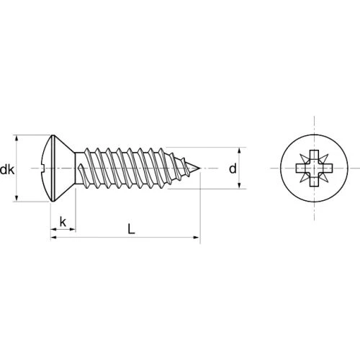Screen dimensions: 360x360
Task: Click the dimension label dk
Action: (7, 170)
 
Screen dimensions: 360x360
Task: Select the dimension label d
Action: (233, 168)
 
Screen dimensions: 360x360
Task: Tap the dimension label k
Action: (63, 222)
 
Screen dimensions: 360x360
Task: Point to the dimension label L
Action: (131, 228)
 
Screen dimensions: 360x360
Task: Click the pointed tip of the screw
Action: (200, 168)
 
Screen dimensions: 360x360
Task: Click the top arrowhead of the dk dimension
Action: (17, 138)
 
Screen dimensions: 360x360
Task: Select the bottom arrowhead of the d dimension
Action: (239, 185)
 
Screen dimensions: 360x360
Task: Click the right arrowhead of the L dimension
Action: (197, 238)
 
